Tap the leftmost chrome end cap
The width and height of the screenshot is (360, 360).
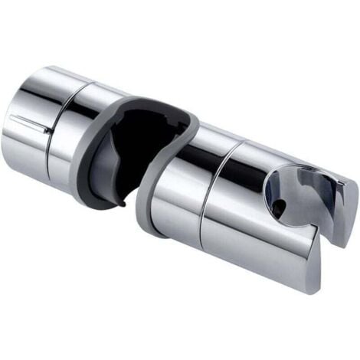coord(27,142)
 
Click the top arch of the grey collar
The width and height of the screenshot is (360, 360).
coord(153,103)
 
